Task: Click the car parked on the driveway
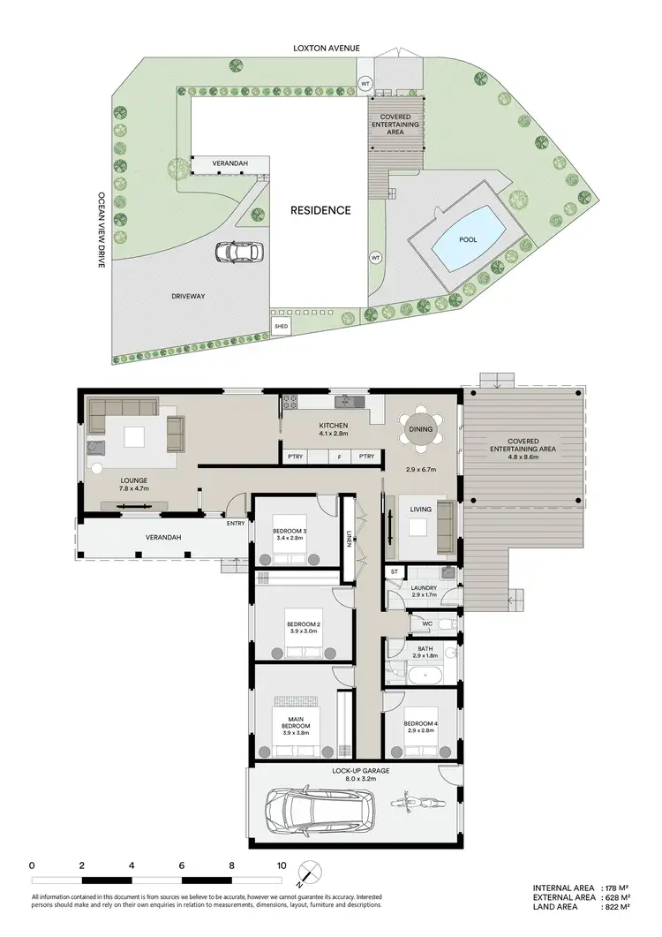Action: pos(237,253)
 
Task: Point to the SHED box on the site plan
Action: pos(282,326)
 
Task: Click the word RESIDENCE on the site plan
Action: pos(321,210)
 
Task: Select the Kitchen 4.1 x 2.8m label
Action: pos(335,429)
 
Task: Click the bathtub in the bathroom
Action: pos(425,676)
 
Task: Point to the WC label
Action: pos(426,624)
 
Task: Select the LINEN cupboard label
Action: pos(350,537)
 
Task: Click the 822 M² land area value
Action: pos(615,907)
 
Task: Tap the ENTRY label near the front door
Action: pos(236,523)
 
